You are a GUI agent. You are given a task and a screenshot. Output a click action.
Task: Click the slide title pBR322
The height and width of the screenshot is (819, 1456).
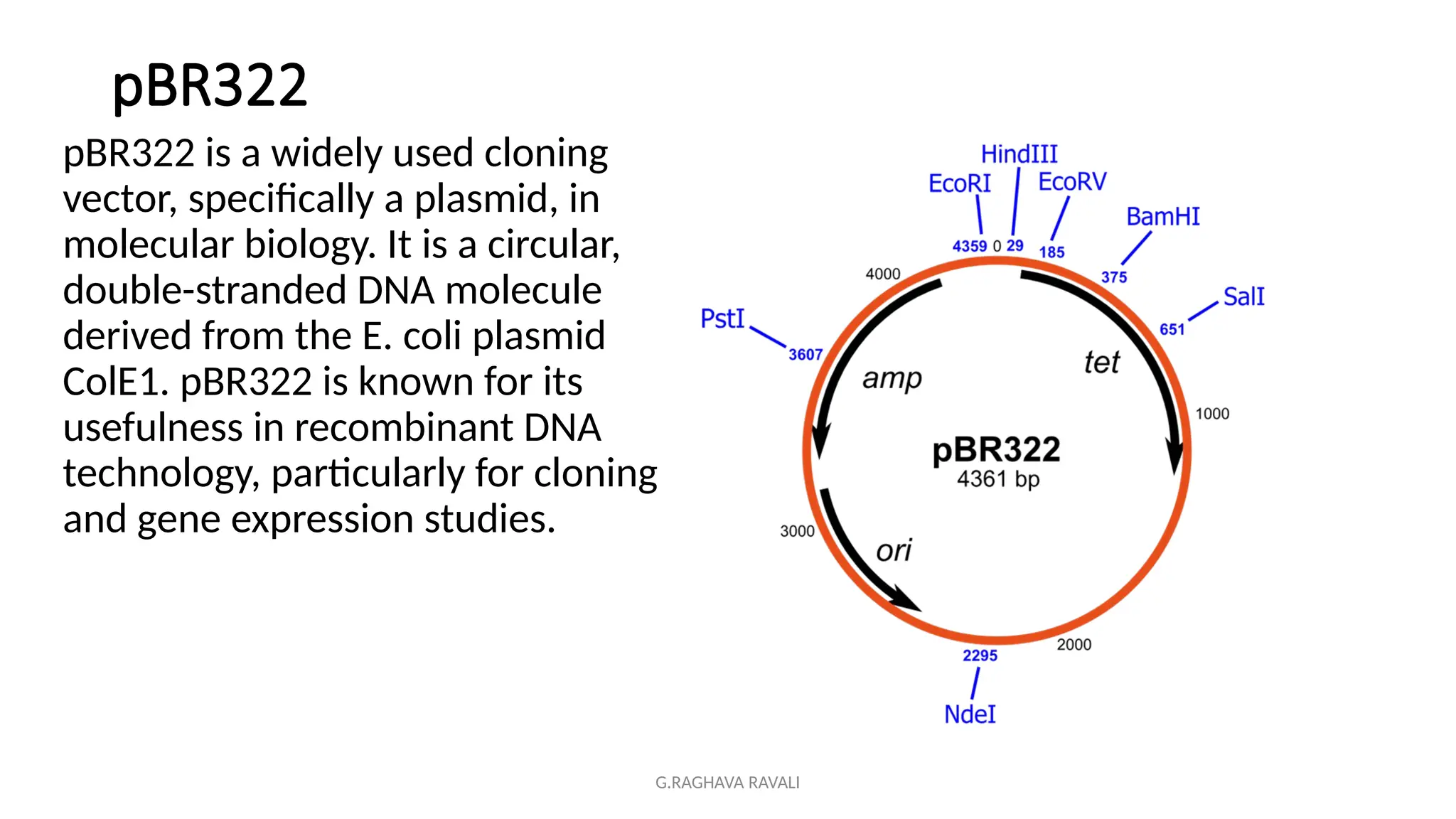click(210, 85)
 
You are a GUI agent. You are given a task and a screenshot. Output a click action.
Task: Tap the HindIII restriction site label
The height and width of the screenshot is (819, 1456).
click(1019, 154)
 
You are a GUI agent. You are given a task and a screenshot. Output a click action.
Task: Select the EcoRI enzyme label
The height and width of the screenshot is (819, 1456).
click(959, 183)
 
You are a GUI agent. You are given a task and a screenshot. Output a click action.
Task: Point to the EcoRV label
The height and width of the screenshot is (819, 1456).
click(1072, 182)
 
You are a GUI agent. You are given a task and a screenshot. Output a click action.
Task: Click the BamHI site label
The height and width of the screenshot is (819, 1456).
click(1162, 217)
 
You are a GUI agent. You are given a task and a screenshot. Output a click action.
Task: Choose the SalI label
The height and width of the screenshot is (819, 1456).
click(1243, 296)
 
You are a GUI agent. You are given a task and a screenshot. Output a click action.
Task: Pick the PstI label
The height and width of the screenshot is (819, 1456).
click(722, 318)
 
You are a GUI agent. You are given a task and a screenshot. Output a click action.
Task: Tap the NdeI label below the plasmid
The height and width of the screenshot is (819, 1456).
click(970, 714)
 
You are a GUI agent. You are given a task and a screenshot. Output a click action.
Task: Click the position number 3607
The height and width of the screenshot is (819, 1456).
click(805, 354)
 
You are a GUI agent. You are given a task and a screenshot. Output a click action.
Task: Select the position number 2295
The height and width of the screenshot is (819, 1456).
click(980, 655)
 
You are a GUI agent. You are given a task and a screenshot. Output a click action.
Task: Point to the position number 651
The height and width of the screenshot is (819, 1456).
click(1172, 329)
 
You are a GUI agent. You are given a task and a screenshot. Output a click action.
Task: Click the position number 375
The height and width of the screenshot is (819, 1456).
click(1113, 277)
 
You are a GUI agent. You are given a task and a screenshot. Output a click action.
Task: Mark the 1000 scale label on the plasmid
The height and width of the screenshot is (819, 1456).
click(1211, 414)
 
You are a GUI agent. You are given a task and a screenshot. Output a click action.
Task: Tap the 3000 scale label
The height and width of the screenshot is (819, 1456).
click(797, 531)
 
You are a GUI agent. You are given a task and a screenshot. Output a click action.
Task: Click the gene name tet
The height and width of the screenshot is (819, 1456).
click(1101, 363)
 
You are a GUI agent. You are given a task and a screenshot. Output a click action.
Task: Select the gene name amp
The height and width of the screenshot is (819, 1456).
click(892, 378)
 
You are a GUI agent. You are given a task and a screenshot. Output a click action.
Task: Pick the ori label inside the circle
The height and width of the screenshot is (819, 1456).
click(894, 550)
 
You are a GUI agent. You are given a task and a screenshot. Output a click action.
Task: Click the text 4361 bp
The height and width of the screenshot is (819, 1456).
click(997, 479)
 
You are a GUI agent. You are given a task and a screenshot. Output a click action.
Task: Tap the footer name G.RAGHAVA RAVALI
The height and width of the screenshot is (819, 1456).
click(727, 783)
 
